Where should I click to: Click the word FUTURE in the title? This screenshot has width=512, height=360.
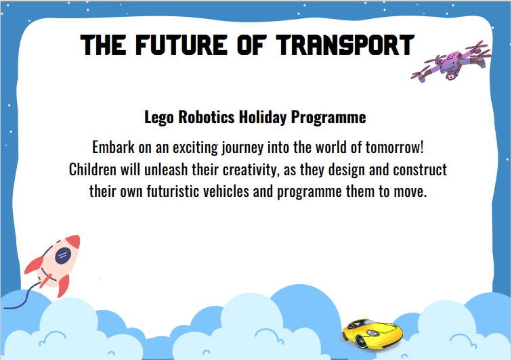pos(182,45)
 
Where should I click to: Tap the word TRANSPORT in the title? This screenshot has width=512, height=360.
pos(345,45)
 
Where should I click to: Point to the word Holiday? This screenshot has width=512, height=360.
pos(263,118)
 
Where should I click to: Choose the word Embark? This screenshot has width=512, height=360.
pos(113,148)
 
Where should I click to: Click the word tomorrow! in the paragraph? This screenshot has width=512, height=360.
pos(394,148)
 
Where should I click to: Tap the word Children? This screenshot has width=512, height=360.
pos(92,169)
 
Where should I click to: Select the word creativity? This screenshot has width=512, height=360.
pos(251,170)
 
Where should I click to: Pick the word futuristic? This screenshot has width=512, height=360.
pos(173,192)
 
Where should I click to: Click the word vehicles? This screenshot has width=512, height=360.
pos(226,192)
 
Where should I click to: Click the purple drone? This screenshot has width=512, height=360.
pos(451,62)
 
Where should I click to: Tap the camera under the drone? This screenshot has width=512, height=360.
pos(451,76)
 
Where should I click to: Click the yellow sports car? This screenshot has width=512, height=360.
pos(372,334)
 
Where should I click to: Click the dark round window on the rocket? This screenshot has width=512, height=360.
pos(63,256)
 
